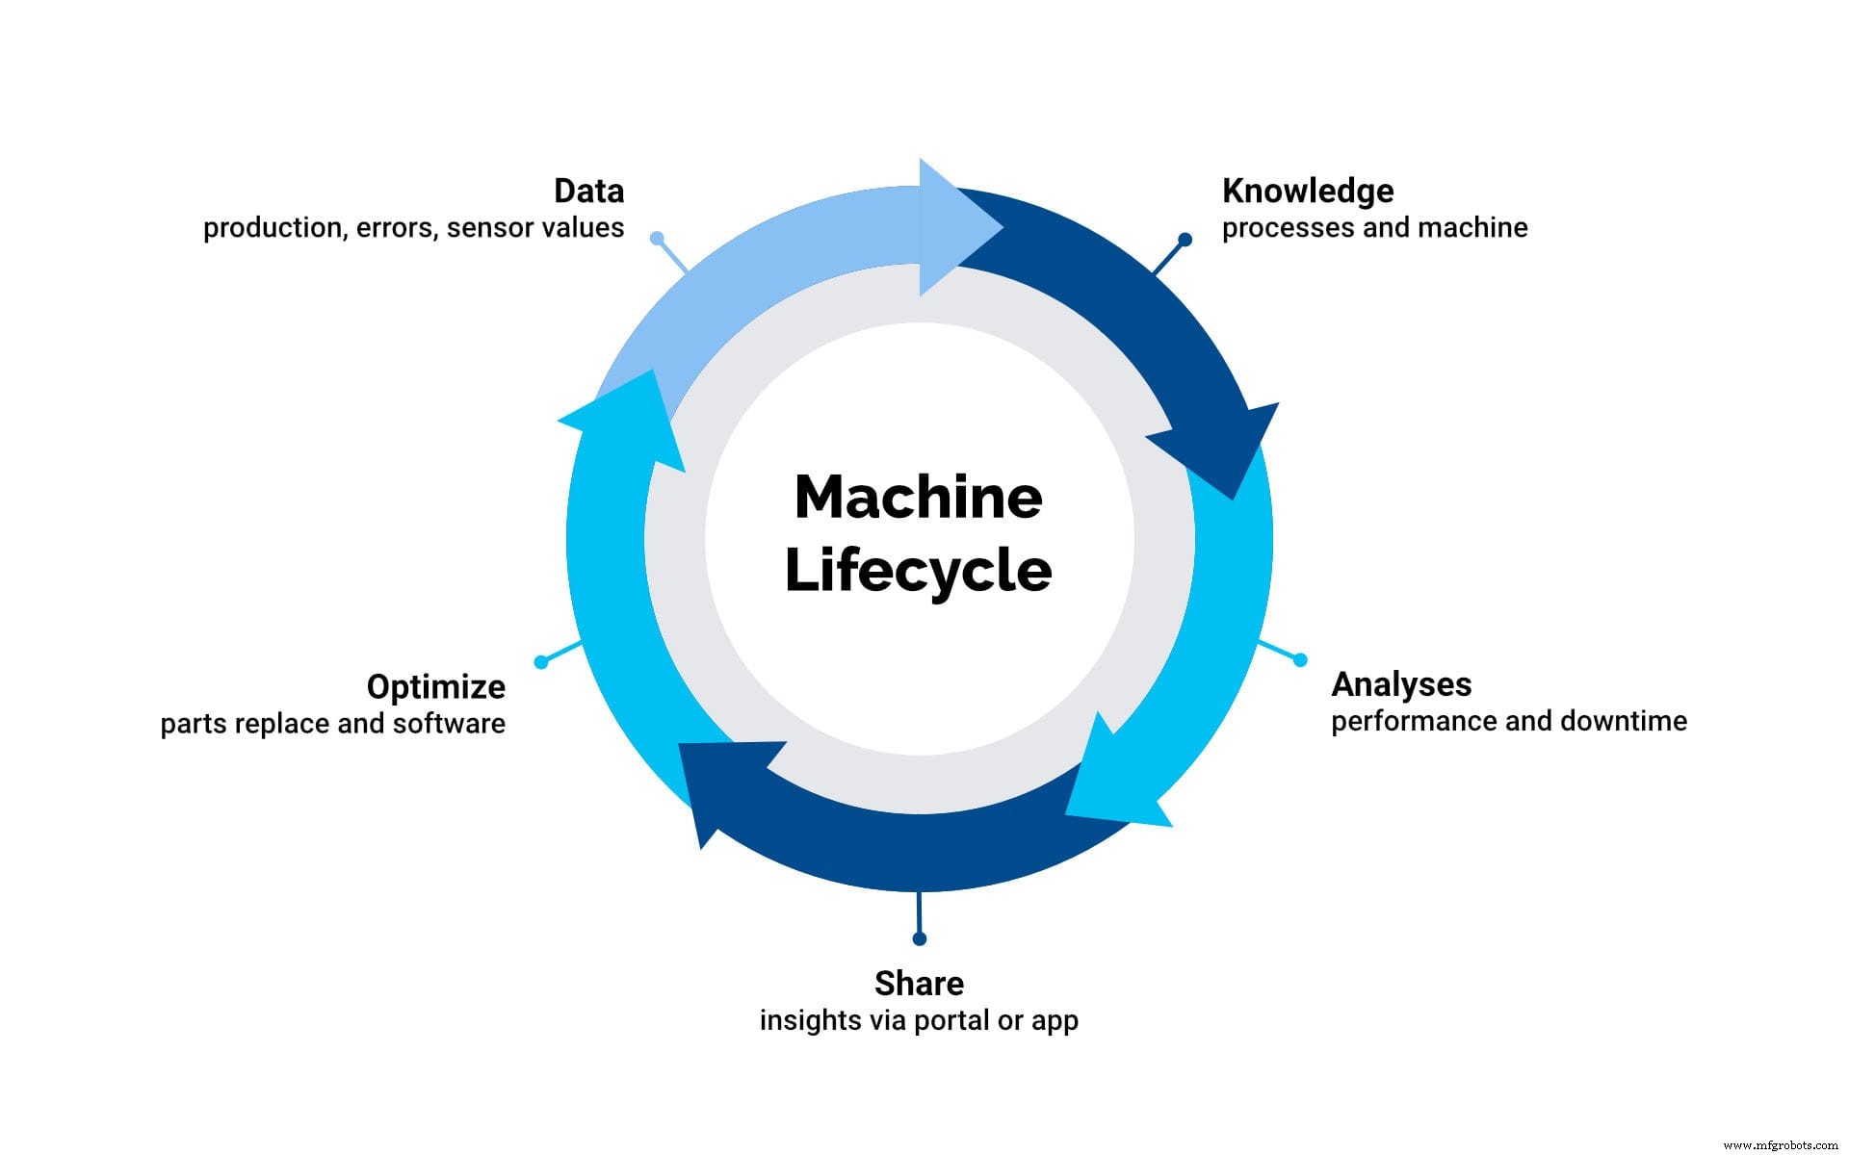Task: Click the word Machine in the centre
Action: click(x=918, y=498)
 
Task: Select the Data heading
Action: click(x=588, y=191)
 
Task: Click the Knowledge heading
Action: click(x=1307, y=191)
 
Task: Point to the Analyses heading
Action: click(x=1401, y=684)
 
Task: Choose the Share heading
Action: click(x=919, y=983)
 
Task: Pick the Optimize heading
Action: click(x=435, y=686)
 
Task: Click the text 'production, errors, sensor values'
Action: click(x=413, y=228)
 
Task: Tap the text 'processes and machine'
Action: click(x=1374, y=228)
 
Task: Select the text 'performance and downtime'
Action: click(x=1508, y=721)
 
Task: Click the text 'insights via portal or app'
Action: click(x=919, y=1020)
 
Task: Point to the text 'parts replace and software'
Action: click(x=332, y=724)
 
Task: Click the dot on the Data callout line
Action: click(x=657, y=238)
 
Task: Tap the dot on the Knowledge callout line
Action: click(x=1185, y=239)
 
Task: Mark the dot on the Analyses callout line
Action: click(x=1300, y=659)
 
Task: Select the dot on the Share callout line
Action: click(x=919, y=938)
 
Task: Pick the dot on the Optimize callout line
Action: click(x=541, y=661)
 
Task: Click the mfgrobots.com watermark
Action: click(x=1780, y=1145)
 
